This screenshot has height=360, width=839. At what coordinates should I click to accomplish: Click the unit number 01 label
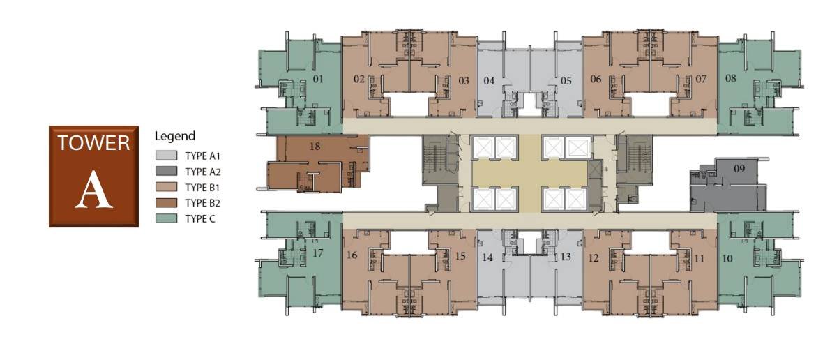point(318,79)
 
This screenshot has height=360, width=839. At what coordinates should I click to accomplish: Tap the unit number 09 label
point(739,169)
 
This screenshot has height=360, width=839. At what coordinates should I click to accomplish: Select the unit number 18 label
point(315,146)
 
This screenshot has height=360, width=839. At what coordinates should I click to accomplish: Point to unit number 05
point(566,80)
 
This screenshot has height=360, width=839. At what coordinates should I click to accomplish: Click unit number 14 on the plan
point(487,257)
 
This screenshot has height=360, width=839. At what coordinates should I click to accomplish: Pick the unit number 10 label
point(727,258)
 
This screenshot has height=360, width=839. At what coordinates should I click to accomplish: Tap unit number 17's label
point(317,253)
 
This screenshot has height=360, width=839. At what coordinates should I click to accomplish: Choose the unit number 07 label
point(701,79)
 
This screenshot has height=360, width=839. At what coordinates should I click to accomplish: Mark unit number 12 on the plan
point(594,258)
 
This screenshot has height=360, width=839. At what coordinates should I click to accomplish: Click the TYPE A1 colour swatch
point(166,156)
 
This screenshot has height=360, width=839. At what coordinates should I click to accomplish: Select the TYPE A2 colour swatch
point(166,171)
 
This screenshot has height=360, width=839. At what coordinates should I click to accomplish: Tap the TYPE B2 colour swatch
point(166,202)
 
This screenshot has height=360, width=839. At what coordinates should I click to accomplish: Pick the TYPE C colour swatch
point(166,218)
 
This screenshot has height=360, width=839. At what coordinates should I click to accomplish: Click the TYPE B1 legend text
point(202,187)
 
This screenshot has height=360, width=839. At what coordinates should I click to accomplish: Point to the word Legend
point(175,136)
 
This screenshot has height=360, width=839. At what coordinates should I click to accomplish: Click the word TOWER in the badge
point(93,143)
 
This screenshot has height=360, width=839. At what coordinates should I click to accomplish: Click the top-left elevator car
point(483,147)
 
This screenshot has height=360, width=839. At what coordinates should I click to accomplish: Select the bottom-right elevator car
point(575,200)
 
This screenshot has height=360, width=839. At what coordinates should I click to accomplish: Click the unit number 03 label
point(464,80)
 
